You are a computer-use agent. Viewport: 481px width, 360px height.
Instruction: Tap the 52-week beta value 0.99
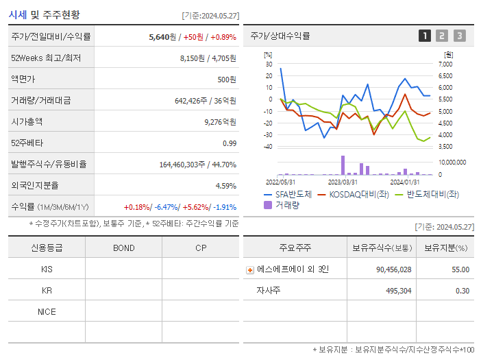click(x=229, y=143)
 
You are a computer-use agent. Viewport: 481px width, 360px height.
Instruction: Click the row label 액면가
click(x=23, y=79)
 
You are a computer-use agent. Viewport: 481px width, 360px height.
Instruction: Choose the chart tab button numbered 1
click(x=425, y=36)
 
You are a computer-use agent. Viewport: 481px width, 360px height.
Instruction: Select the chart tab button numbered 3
click(x=459, y=36)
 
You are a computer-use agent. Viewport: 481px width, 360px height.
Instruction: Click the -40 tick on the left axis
click(x=268, y=147)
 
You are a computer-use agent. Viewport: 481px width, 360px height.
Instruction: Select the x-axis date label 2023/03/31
click(x=343, y=182)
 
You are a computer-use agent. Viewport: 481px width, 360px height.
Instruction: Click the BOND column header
click(x=123, y=248)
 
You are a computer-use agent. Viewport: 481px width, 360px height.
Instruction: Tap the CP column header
click(x=201, y=248)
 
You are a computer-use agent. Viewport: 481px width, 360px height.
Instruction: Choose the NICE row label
click(x=47, y=311)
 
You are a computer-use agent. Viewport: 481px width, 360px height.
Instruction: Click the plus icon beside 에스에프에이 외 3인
click(x=250, y=269)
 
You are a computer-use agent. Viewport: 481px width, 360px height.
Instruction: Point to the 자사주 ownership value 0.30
click(x=463, y=291)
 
